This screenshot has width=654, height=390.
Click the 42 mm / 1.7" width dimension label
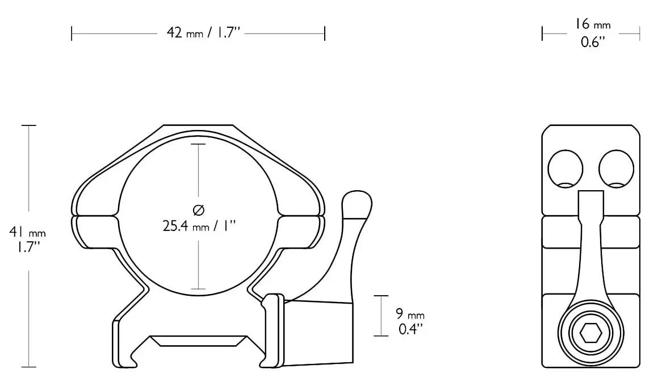pos(204,32)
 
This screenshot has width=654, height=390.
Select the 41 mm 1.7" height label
pos(27,240)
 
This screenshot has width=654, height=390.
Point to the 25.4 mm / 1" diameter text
pos(199,226)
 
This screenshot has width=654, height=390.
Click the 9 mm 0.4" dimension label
pos(409,321)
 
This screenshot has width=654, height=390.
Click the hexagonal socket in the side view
pos(590,334)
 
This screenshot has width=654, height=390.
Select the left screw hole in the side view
pos(565,169)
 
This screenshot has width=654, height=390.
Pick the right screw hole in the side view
pos(616,169)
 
